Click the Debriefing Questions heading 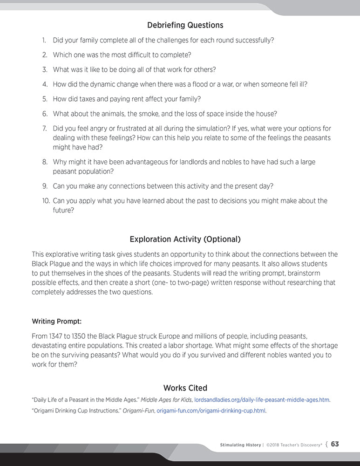(x=185, y=25)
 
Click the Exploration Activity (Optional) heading (x=185, y=240)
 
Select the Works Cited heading (x=185, y=388)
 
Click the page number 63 (x=335, y=444)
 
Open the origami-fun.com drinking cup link (x=211, y=411)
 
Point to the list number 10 (x=45, y=201)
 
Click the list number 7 (x=45, y=128)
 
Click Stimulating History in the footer (x=240, y=445)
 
